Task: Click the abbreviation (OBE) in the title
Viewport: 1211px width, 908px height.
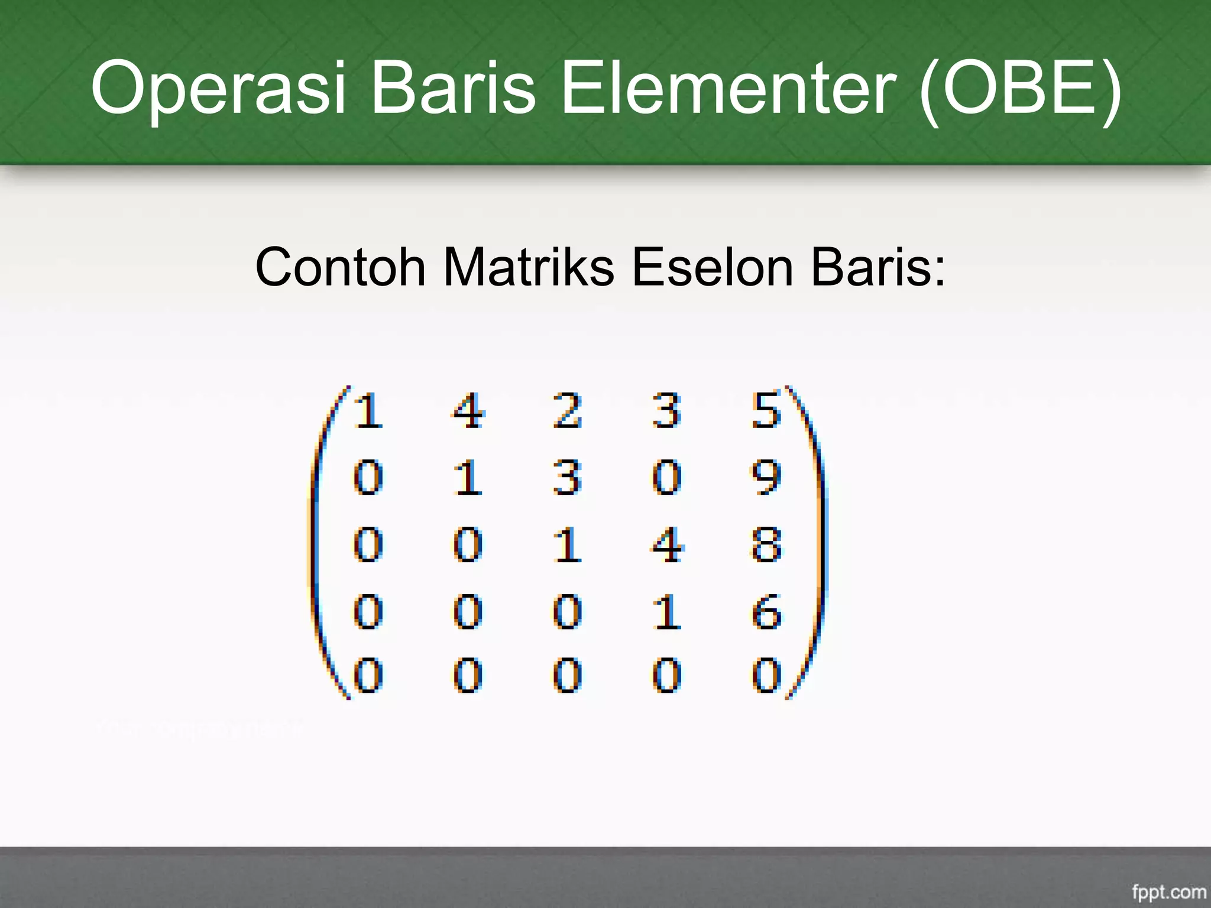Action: (x=1019, y=89)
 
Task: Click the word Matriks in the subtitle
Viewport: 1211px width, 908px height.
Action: (x=528, y=267)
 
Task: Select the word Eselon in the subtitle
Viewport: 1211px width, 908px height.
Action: (x=712, y=267)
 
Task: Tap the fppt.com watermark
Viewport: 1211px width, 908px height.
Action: (x=1168, y=891)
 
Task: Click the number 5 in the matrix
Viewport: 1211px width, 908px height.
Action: (x=766, y=410)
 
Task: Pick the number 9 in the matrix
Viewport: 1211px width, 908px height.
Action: (x=766, y=478)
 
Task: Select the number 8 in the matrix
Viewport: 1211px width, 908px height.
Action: (x=766, y=544)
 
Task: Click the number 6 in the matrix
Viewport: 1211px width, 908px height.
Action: (x=766, y=611)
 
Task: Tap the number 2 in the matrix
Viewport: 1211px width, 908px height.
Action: (x=567, y=410)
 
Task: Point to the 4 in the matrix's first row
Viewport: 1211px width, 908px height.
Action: (x=468, y=410)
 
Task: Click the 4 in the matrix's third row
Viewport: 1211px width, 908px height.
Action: (x=667, y=544)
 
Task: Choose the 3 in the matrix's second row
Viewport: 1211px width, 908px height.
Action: (x=567, y=478)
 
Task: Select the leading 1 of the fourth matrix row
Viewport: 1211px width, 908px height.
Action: (x=667, y=611)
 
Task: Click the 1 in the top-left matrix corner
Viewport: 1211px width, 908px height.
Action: (x=368, y=410)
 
